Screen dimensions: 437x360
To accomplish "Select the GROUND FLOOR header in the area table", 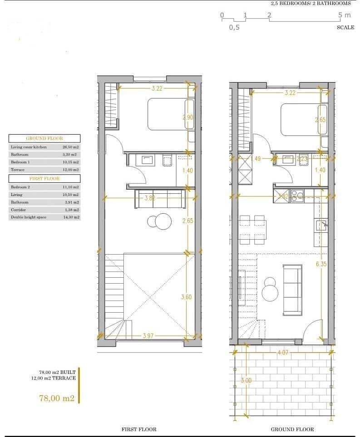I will coord(44,138).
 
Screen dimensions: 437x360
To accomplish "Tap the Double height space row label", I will coord(28,217).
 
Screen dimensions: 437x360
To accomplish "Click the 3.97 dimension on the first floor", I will coord(148,336).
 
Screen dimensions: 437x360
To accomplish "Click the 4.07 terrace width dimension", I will coord(283,352).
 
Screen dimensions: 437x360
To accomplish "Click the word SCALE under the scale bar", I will coord(345,27).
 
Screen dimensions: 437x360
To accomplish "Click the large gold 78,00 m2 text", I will coord(57,398).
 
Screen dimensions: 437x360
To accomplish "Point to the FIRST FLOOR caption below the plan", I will coord(138,429).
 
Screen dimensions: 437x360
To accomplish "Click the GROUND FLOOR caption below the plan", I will coord(292,429).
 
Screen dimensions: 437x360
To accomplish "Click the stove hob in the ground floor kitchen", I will coord(297,195).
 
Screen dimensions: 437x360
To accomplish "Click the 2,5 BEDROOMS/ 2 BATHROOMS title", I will coord(311,3).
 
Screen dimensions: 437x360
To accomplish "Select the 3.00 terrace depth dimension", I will coord(246,380).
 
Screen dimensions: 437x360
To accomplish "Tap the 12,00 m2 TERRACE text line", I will coord(57,378).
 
